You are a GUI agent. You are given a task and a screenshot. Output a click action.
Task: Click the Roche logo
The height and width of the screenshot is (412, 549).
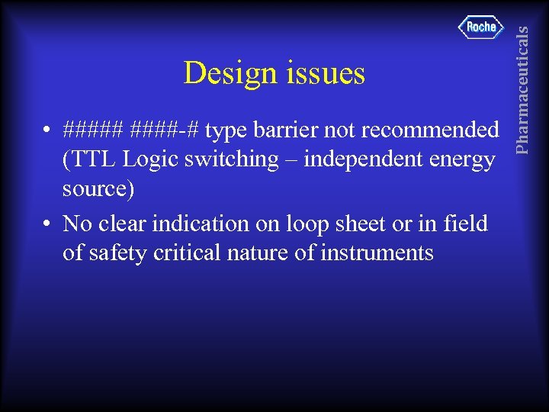click(x=481, y=27)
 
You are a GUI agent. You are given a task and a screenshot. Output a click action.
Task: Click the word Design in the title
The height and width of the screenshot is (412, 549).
click(x=226, y=74)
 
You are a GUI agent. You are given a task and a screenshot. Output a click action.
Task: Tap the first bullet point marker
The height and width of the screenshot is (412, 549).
click(x=47, y=131)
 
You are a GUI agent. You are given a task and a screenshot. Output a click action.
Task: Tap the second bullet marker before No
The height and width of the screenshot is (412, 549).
click(x=47, y=224)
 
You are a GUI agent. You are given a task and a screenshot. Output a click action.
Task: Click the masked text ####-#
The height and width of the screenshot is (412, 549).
click(x=165, y=130)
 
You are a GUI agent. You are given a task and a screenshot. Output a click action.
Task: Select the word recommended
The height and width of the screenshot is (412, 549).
click(x=430, y=130)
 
